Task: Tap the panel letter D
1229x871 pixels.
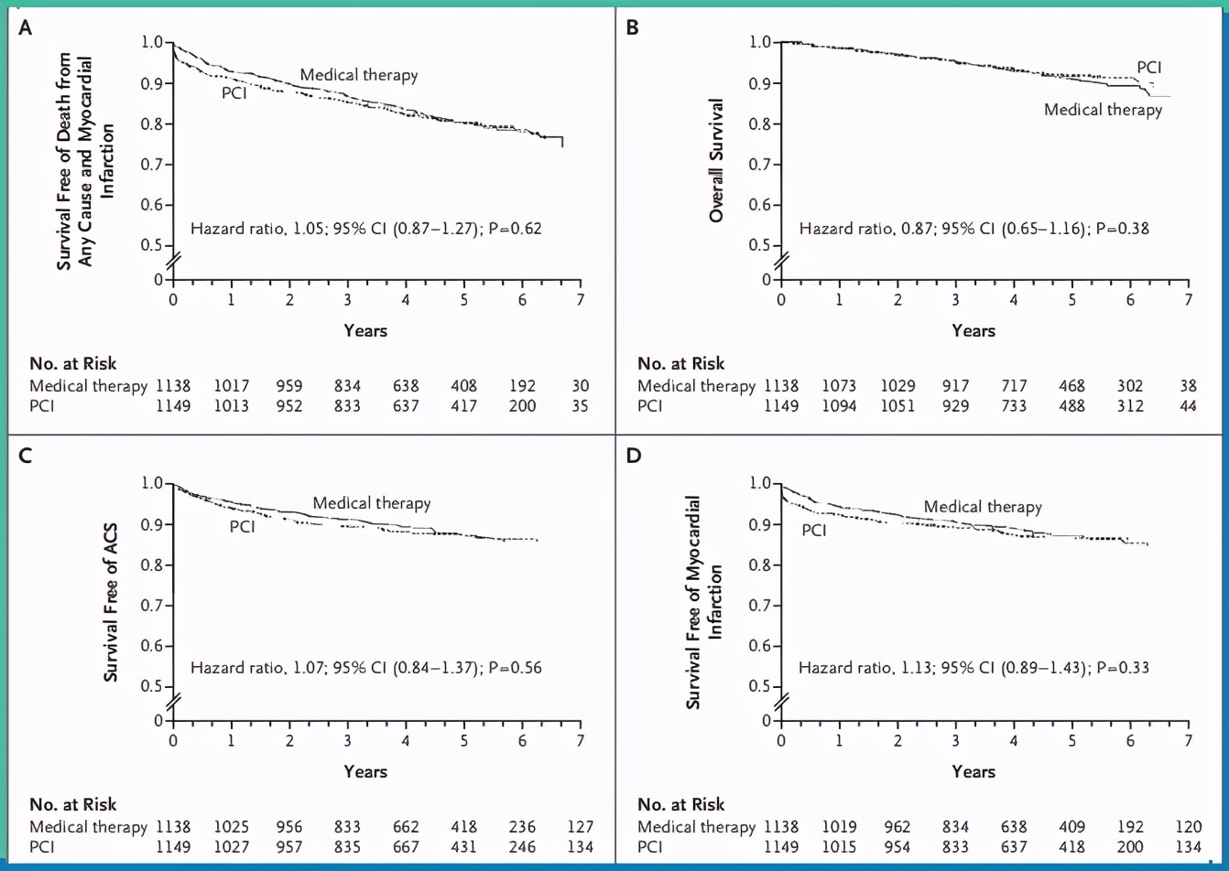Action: click(x=631, y=455)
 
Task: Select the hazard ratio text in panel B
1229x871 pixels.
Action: click(x=973, y=228)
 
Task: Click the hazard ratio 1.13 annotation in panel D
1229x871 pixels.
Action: click(x=973, y=668)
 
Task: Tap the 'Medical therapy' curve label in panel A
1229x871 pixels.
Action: click(x=358, y=75)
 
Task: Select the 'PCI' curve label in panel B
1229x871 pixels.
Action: click(x=1150, y=67)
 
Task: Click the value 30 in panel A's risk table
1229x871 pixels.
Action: click(x=581, y=385)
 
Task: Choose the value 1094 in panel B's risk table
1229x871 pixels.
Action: click(x=839, y=405)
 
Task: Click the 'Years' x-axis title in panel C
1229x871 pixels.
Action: click(x=365, y=771)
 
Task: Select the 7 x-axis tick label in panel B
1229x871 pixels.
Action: click(x=1188, y=299)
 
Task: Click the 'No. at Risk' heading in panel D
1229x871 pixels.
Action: click(x=680, y=804)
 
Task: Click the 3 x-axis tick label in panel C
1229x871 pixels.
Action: click(x=348, y=739)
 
